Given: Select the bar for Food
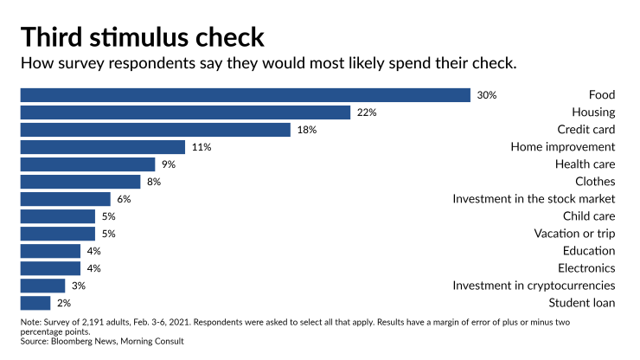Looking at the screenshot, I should tap(245, 95).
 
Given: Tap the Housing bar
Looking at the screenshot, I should tap(185, 112).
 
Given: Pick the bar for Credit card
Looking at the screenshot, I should tap(155, 130).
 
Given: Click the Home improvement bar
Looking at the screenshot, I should tap(102, 147).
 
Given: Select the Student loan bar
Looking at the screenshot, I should tap(35, 303).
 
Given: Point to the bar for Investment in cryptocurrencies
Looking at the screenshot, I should tap(42, 286).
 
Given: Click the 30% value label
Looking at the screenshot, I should tap(486, 95).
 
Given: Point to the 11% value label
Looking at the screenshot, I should tap(202, 147).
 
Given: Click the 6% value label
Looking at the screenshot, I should tap(123, 199).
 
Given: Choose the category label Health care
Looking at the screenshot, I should tap(585, 164).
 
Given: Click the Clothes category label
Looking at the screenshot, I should tap(594, 182).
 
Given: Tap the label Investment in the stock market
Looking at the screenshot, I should tap(534, 199).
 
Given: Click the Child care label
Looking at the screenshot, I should tap(588, 216).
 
